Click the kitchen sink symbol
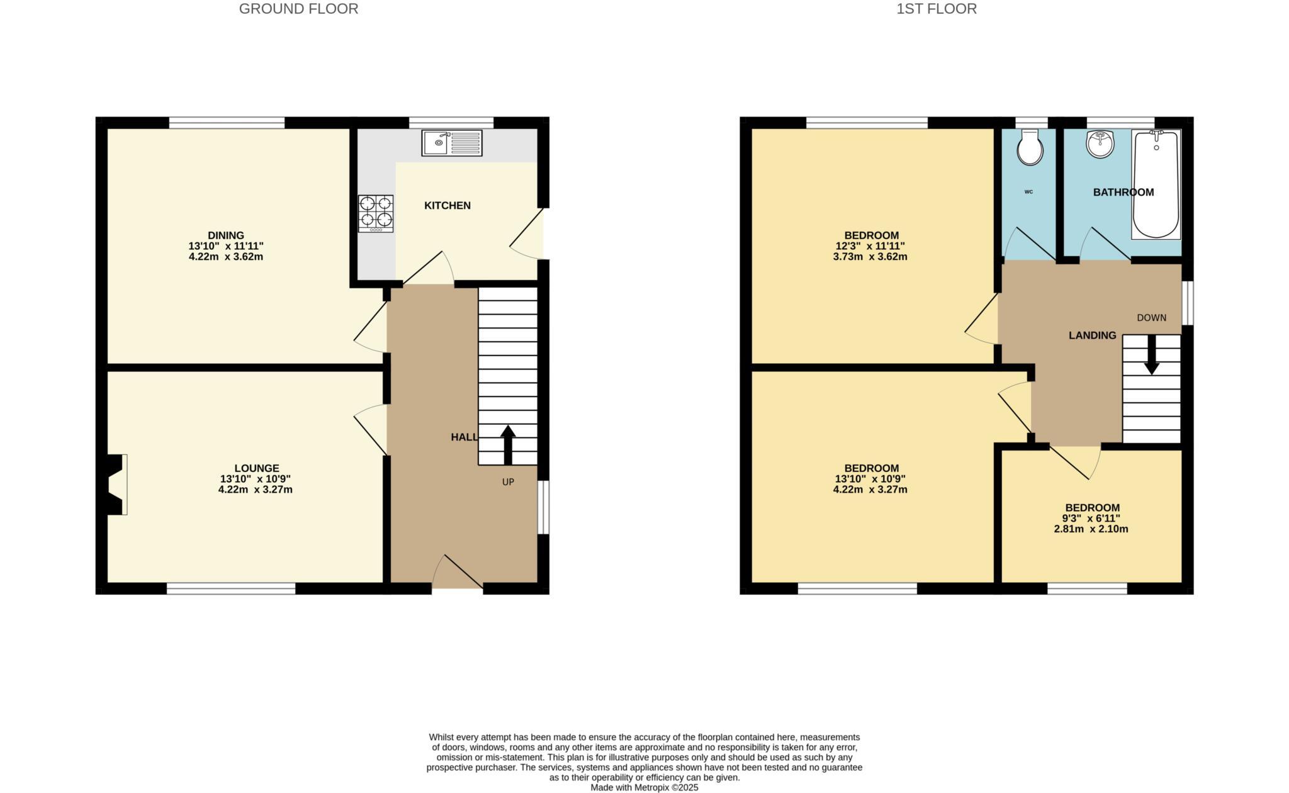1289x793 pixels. coord(451,143)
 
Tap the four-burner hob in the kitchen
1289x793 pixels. coord(376,213)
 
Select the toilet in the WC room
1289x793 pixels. coord(1030,148)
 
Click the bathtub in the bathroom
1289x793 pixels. coord(1156,184)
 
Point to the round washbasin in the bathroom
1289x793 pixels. coord(1100,144)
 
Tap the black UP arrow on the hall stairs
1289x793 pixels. coord(508,444)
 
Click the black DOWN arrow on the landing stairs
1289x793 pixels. coord(1151,355)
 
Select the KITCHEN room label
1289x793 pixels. coord(447,206)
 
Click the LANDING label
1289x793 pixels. coord(1092,335)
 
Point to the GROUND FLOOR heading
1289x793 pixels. coord(298,9)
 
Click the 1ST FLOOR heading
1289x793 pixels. coord(937,9)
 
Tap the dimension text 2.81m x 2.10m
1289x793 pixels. coord(1091,529)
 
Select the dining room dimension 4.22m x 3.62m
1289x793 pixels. coord(225,257)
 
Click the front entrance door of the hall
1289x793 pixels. coord(458,573)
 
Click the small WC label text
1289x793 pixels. coord(1028,192)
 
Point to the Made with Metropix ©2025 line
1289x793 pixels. coord(644,787)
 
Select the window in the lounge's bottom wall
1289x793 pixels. coord(231,588)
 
